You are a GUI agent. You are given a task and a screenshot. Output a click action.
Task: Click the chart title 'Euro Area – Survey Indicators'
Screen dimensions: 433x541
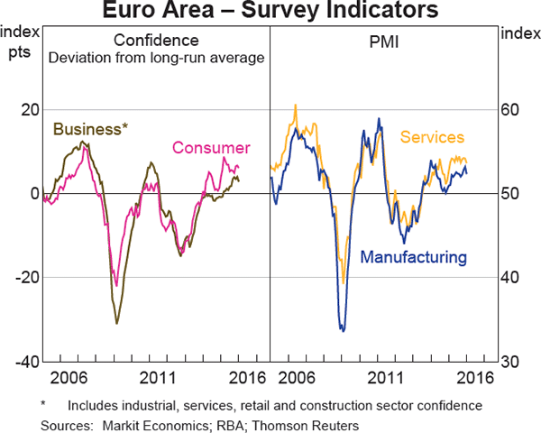point(270,12)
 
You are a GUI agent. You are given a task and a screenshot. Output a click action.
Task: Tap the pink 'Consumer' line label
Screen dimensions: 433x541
point(211,148)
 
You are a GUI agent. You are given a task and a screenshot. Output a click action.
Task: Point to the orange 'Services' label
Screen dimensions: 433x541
point(432,137)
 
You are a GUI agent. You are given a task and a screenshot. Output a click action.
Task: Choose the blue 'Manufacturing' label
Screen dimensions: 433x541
point(414,257)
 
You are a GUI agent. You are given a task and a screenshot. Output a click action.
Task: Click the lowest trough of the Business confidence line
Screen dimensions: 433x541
point(116,323)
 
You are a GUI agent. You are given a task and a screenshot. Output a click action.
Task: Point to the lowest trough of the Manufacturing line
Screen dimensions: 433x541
point(343,331)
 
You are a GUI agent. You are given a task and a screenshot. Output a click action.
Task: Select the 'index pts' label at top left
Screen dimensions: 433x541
point(19,41)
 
